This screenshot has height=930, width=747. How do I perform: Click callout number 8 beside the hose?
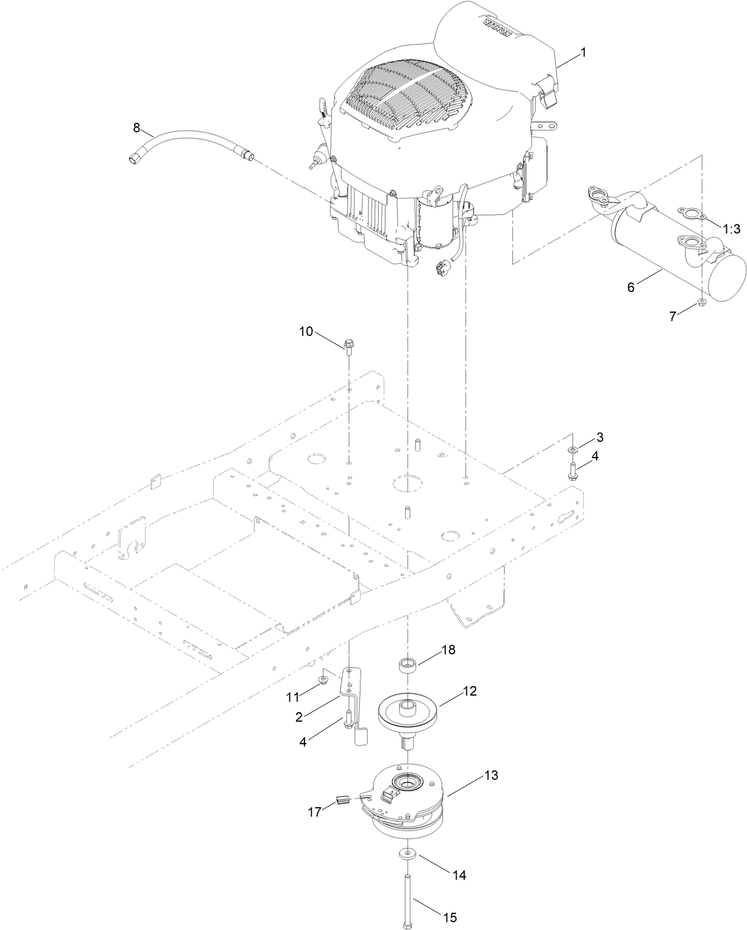[137, 127]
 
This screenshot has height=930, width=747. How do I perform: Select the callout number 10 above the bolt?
[306, 332]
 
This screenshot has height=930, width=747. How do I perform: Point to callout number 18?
[448, 650]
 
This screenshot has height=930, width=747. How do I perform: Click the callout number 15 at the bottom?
[450, 918]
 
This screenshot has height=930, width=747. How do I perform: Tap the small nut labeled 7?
[701, 303]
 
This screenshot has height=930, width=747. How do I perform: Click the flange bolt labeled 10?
[348, 345]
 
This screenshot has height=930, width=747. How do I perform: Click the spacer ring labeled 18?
[409, 664]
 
